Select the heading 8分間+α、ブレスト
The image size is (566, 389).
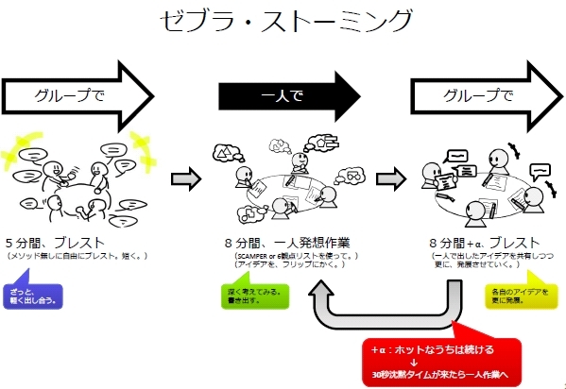[x=486, y=243]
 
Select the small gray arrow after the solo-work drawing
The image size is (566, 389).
[x=388, y=178]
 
